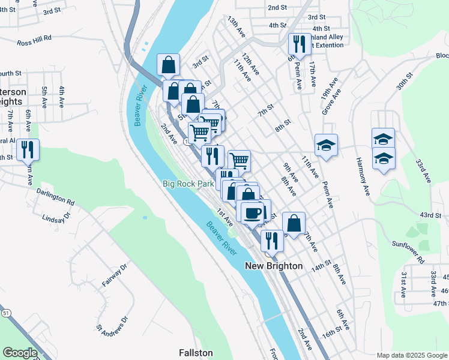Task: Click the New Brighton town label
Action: [x=274, y=266]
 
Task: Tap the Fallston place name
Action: [x=196, y=353]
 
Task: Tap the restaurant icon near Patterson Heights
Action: [x=28, y=149]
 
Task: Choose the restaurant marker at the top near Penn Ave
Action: [x=298, y=44]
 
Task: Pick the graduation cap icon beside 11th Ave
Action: [x=327, y=145]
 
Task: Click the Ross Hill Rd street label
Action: [x=35, y=43]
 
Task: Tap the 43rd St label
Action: [x=430, y=215]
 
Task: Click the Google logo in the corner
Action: [x=20, y=353]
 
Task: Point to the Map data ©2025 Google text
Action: [x=411, y=355]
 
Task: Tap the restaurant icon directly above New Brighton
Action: [x=272, y=241]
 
